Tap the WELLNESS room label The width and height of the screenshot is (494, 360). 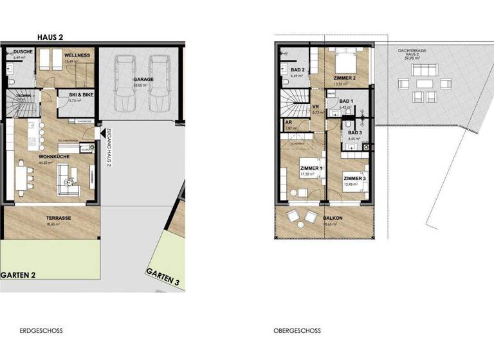77,56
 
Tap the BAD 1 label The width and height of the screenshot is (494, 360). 345,101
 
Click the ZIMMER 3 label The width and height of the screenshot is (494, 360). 354,179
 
